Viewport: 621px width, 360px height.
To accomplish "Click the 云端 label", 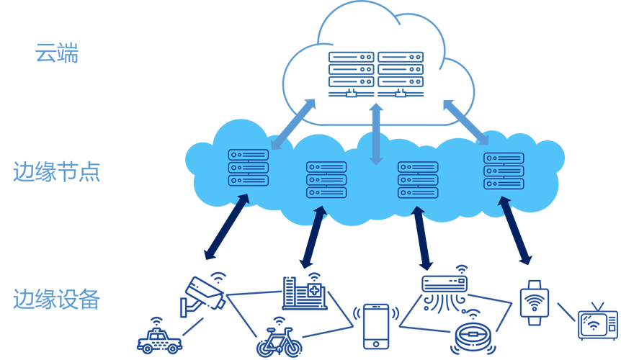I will tap(56, 55).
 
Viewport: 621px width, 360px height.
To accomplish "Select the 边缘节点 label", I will tap(56, 173).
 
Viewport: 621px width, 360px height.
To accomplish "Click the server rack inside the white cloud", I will tap(375, 74).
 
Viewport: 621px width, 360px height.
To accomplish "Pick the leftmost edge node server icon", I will tap(248, 168).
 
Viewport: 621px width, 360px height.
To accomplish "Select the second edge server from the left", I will tap(326, 179).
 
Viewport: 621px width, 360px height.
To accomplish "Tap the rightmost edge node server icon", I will tap(504, 171).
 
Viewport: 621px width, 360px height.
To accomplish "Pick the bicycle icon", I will tap(274, 340).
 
